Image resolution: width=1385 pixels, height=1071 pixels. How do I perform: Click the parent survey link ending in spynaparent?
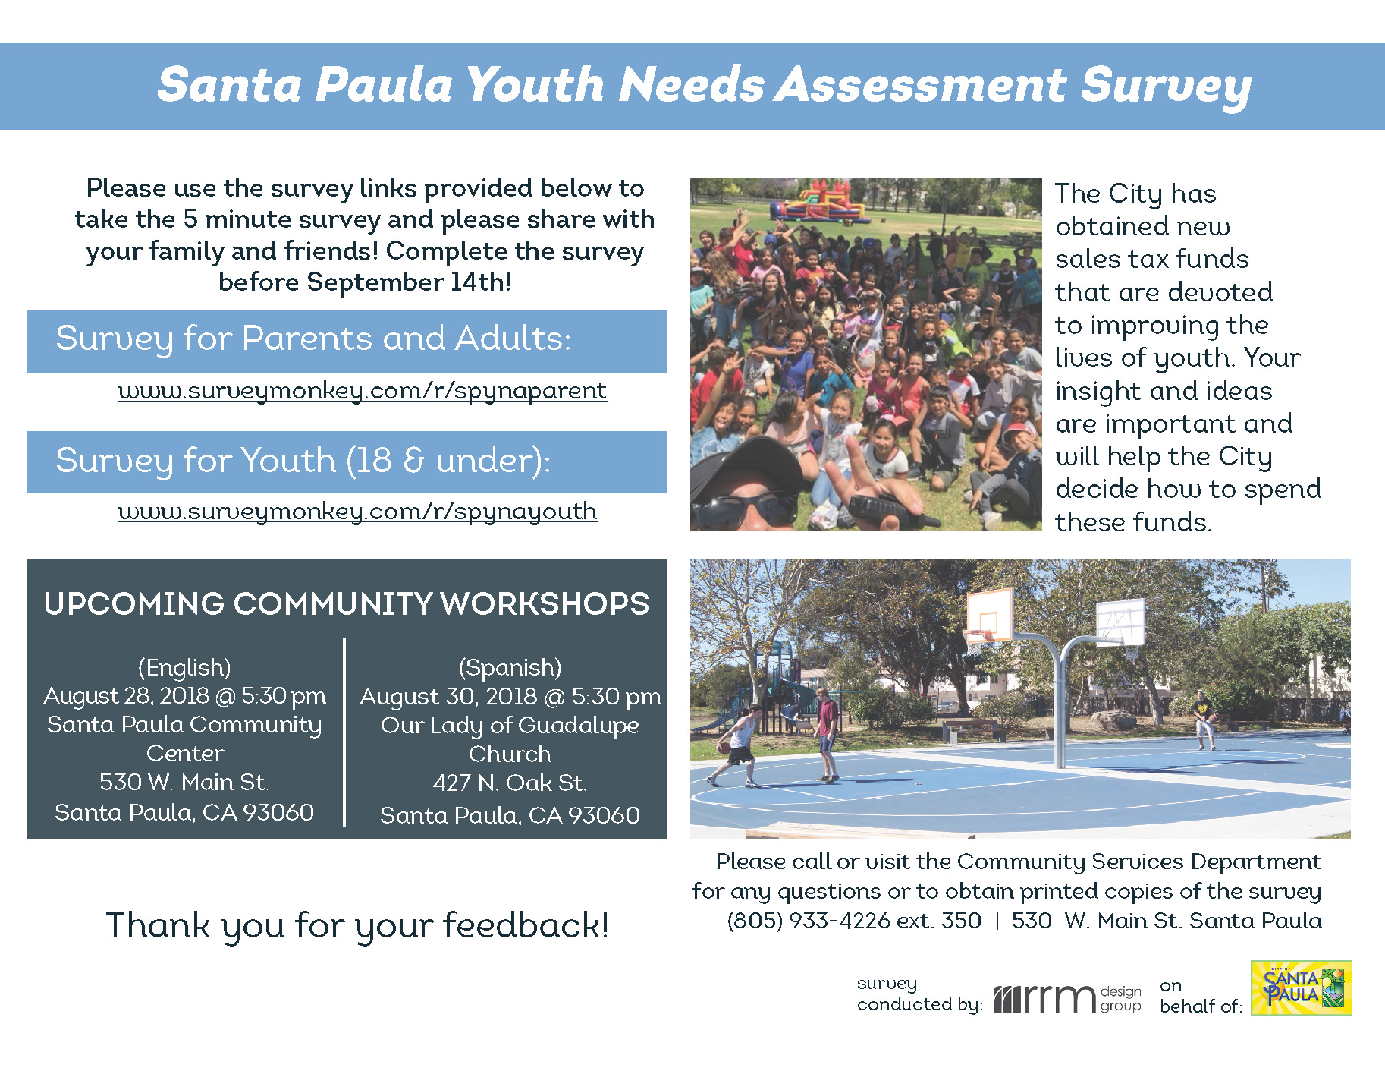coord(362,390)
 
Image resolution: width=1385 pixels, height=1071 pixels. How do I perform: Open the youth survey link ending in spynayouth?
coord(357,511)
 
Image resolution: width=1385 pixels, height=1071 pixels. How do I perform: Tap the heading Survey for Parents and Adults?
coord(313,339)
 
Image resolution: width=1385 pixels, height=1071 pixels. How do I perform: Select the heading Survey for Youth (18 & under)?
coord(303,461)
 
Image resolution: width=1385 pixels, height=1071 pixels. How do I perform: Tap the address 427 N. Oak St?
coord(510,783)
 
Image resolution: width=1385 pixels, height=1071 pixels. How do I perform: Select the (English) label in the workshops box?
coord(184,667)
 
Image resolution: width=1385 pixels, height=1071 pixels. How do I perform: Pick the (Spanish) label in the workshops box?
coord(510,667)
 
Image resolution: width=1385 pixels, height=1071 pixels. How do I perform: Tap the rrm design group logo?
coord(1067,998)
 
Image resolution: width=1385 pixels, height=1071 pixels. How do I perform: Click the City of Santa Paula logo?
coord(1301,988)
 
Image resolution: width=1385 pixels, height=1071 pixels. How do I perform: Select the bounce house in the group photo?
coord(820,201)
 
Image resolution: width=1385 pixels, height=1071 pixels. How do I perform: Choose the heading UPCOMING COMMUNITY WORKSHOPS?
coord(347,604)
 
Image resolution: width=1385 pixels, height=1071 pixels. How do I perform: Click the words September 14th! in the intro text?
coord(409,282)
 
